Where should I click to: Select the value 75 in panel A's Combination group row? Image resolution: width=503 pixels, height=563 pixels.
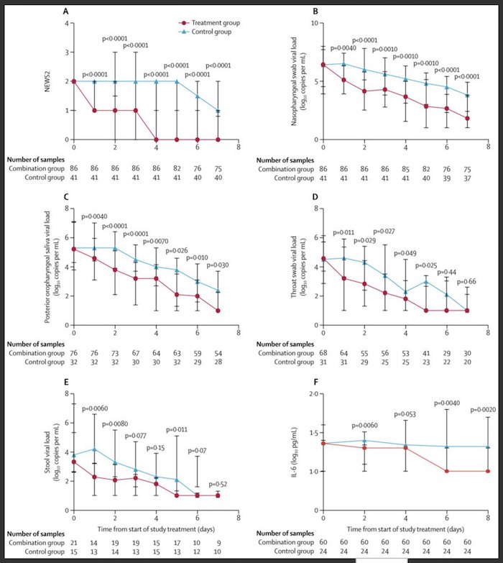pyautogui.click(x=218, y=165)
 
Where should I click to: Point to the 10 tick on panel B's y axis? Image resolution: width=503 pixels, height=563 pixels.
pyautogui.click(x=314, y=23)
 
